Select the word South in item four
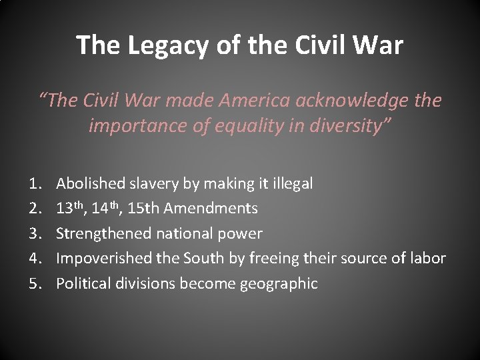[x=189, y=258]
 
